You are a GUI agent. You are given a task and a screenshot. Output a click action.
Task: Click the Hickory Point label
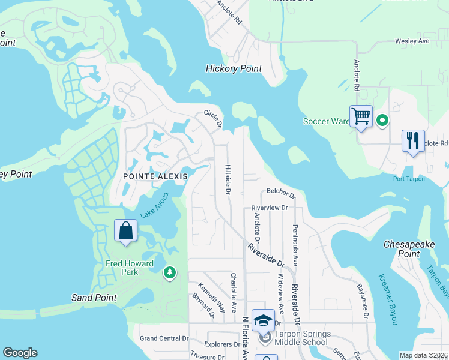pos(234,68)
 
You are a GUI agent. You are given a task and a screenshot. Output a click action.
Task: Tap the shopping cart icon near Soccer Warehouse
pos(361,116)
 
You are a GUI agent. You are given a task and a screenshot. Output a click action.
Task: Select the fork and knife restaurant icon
pos(412,141)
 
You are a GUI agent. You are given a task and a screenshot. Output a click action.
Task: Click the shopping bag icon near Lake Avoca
pos(126,230)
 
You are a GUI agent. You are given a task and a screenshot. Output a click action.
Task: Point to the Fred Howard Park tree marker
pos(170,273)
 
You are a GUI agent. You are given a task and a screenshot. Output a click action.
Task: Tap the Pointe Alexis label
pos(155,176)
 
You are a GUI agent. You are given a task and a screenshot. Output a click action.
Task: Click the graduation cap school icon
pos(263,320)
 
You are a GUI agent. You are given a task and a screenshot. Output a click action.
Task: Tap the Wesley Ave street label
pos(412,41)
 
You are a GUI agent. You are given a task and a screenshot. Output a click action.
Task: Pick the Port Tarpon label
pos(409,179)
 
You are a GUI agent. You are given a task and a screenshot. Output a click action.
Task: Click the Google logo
pos(20,353)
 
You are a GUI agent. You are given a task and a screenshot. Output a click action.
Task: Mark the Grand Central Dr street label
pos(164,338)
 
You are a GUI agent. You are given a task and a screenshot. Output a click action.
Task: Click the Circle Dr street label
pos(213,118)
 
